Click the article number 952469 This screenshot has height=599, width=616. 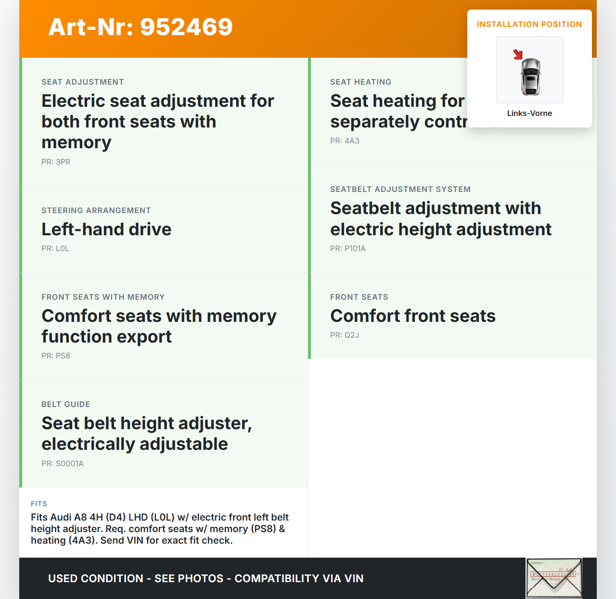[141, 27]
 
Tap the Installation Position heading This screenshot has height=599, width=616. [529, 25]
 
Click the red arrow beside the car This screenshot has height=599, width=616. [518, 55]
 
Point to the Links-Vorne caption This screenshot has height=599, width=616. [529, 114]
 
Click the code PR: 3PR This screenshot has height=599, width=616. [56, 162]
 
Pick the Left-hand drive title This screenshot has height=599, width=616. [106, 229]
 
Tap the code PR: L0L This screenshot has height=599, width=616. [55, 249]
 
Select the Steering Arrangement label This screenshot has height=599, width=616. [96, 211]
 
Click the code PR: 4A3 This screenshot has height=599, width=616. [345, 141]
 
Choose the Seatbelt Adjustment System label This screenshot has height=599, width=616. [400, 190]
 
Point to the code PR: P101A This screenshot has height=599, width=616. [348, 249]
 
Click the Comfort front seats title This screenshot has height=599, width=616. [413, 316]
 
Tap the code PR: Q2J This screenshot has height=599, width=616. [345, 335]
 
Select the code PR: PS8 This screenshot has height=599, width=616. [56, 356]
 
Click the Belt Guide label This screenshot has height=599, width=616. [66, 405]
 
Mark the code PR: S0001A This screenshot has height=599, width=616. [63, 464]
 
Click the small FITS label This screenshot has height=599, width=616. [39, 504]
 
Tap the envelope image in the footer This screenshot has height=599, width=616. [554, 578]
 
